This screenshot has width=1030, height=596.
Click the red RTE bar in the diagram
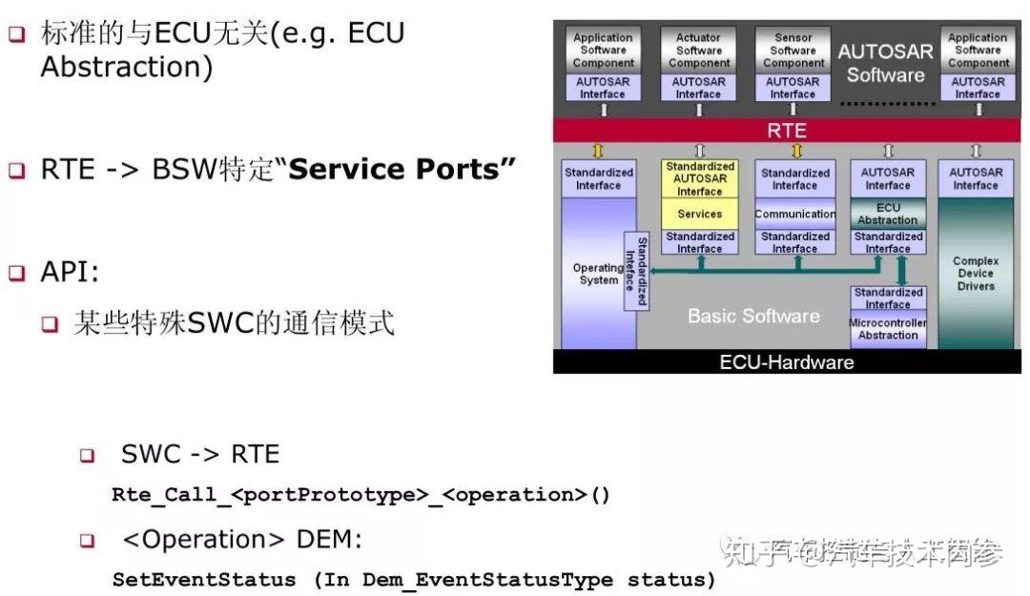pyautogui.click(x=787, y=131)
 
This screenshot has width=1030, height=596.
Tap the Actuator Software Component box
pyautogui.click(x=699, y=51)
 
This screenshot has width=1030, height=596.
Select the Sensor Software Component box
pyautogui.click(x=793, y=51)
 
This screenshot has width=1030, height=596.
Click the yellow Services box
pyautogui.click(x=700, y=214)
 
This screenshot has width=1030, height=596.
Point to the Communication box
pyautogui.click(x=794, y=214)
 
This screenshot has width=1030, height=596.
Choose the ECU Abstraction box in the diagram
pyautogui.click(x=888, y=214)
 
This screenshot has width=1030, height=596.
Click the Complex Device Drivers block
pyautogui.click(x=976, y=274)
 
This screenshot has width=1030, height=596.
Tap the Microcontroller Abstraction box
pyautogui.click(x=888, y=329)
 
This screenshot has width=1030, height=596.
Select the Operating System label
pyautogui.click(x=598, y=274)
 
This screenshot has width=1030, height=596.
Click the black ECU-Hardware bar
pyautogui.click(x=787, y=362)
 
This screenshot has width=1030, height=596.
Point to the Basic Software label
pyautogui.click(x=753, y=316)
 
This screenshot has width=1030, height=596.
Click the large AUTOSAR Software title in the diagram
pyautogui.click(x=886, y=63)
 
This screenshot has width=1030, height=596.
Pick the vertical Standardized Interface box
pyautogui.click(x=636, y=271)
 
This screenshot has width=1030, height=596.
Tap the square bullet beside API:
pyautogui.click(x=17, y=273)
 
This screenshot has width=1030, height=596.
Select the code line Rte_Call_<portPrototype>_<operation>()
pyautogui.click(x=360, y=495)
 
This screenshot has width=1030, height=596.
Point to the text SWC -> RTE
pyautogui.click(x=200, y=455)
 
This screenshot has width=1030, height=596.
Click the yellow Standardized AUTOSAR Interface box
pyautogui.click(x=700, y=178)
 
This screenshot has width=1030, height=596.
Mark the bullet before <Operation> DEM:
pyautogui.click(x=88, y=541)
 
